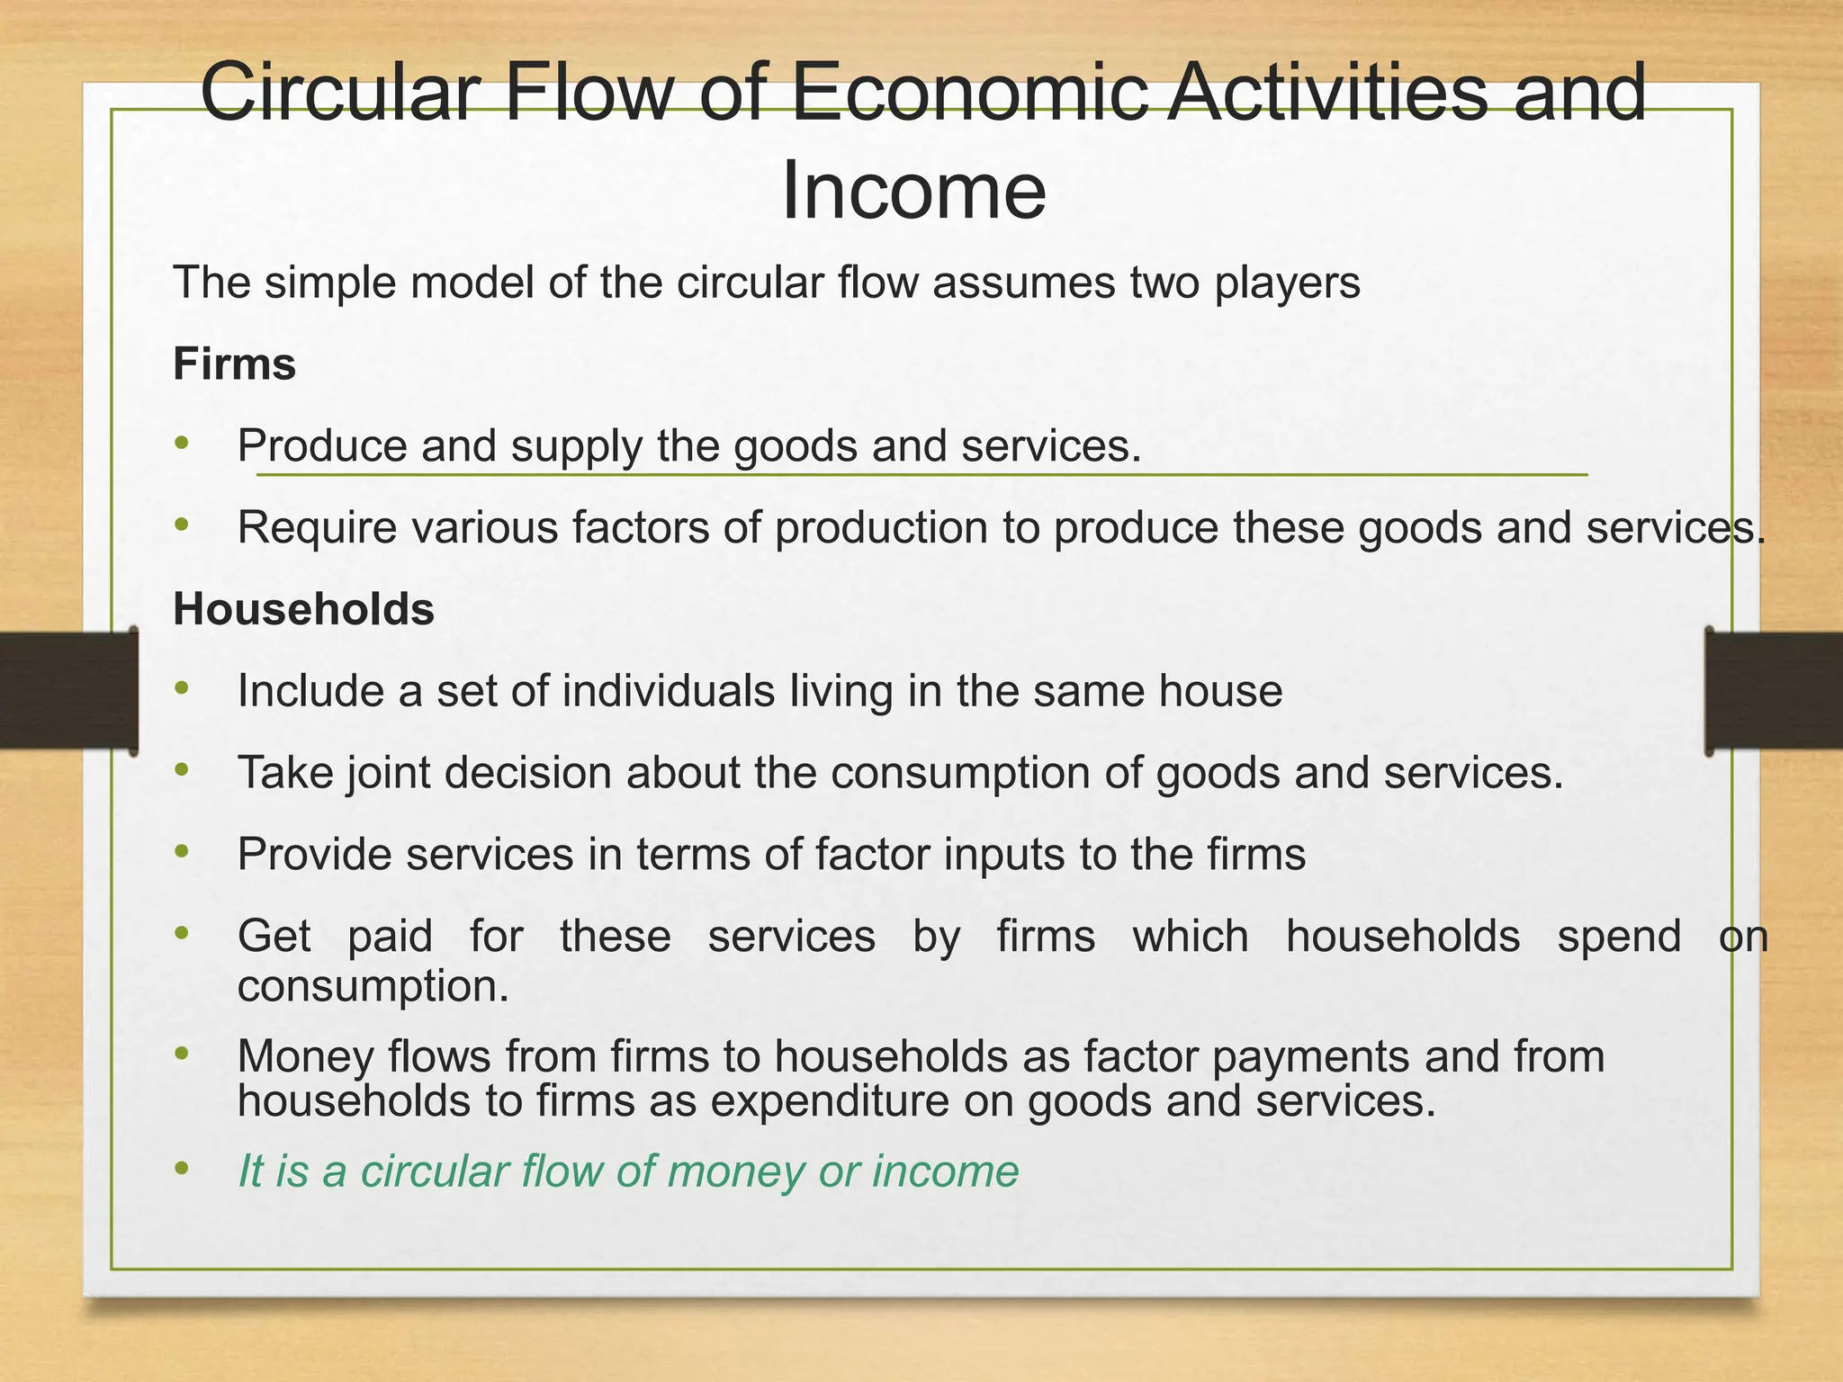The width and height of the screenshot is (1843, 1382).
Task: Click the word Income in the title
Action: click(x=913, y=191)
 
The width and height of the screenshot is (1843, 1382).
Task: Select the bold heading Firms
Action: click(x=234, y=364)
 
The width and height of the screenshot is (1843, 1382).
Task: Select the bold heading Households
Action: click(x=303, y=609)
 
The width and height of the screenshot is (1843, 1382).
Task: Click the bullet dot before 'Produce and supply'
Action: click(x=183, y=443)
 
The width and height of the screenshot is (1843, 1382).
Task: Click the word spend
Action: click(x=1619, y=936)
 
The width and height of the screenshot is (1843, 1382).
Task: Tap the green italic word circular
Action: click(x=434, y=1171)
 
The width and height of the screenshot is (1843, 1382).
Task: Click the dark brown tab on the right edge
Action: click(x=1774, y=690)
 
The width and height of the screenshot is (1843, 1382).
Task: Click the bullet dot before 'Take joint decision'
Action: click(x=183, y=770)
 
